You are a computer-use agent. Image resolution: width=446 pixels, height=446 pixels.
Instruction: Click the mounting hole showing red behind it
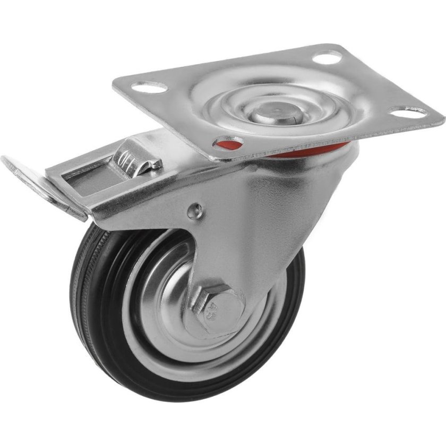[228, 143]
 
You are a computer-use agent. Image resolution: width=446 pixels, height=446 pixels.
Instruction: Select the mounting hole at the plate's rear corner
[327, 57]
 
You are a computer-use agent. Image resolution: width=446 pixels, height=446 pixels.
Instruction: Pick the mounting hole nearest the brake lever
[148, 87]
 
